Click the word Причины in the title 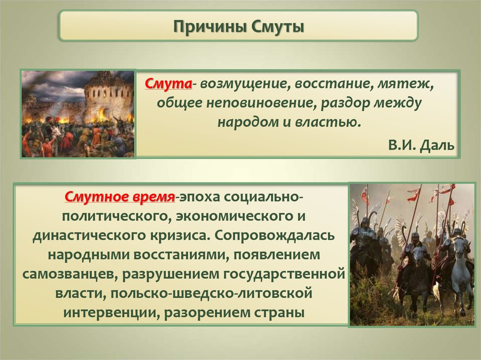point(209,27)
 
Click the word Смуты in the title point(278,26)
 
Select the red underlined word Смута point(169,84)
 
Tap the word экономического point(233,217)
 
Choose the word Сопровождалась point(274,236)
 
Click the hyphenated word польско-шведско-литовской point(211,293)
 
